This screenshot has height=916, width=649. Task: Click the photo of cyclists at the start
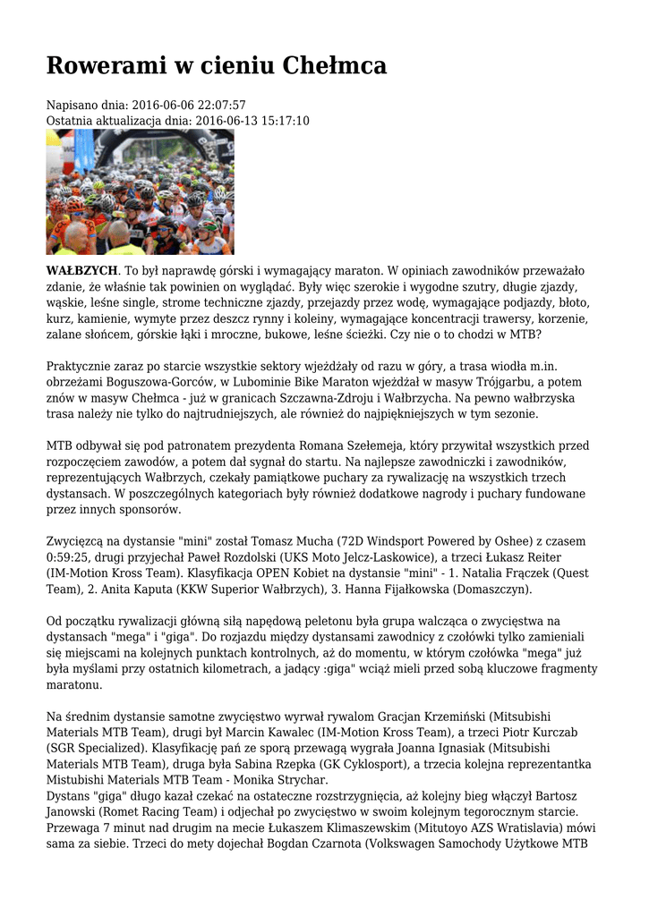(x=140, y=191)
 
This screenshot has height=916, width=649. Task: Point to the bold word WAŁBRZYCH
(x=81, y=270)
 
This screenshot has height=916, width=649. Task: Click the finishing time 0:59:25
(x=70, y=558)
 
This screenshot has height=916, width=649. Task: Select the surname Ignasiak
(x=458, y=749)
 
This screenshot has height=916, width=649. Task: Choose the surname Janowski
(x=79, y=813)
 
